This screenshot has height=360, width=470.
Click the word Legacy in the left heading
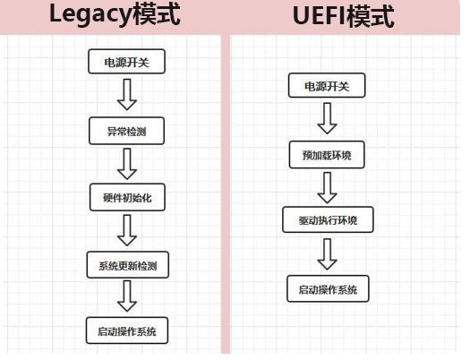85,16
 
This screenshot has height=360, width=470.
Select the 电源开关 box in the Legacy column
126,63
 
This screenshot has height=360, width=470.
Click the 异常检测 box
126,130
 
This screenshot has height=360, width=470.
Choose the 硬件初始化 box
126,197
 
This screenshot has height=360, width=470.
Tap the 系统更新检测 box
126,265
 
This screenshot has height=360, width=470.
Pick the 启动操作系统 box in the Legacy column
126,331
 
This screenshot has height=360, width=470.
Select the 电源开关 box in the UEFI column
327,86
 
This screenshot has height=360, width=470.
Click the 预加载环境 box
327,154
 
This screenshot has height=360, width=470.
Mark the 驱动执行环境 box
327,220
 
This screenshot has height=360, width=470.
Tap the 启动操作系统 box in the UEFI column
327,288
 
